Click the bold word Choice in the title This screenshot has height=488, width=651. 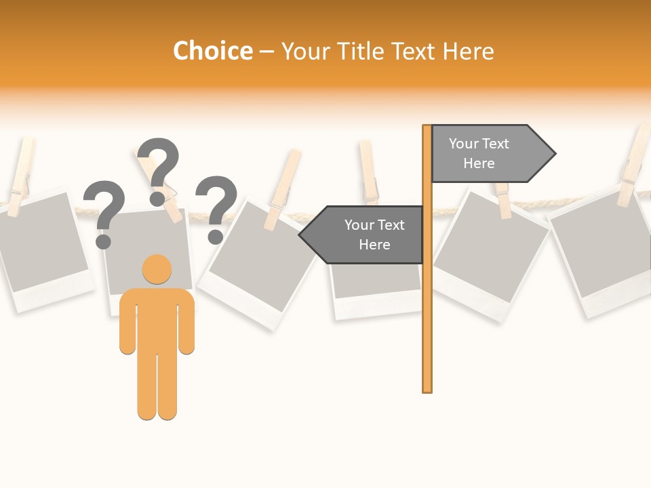212,52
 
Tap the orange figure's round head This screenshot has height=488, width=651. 157,269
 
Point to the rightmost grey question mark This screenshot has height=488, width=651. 216,207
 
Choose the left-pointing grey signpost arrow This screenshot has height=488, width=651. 363,235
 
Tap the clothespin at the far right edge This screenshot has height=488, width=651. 635,166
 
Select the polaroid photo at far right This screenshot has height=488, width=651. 600,258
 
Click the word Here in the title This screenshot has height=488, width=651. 469,52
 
